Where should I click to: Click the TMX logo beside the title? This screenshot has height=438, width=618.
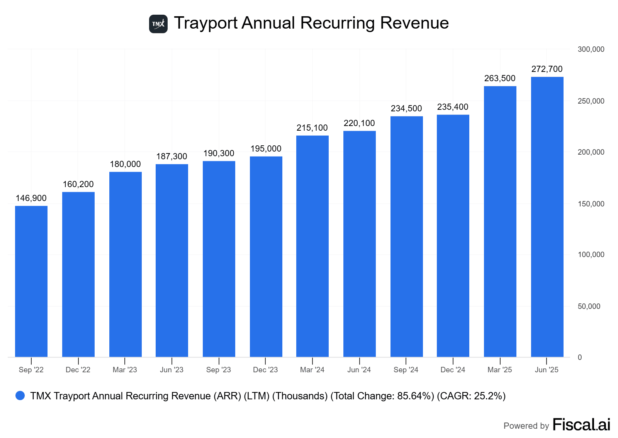(x=158, y=24)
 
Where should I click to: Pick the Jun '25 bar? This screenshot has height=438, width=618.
(x=547, y=216)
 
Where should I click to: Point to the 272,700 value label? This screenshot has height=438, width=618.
(x=547, y=69)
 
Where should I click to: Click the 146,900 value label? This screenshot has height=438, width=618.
(x=31, y=198)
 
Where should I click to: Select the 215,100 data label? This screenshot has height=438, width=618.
(x=312, y=128)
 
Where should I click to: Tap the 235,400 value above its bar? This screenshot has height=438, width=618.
(x=453, y=107)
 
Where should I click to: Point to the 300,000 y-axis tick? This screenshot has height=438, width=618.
(x=591, y=49)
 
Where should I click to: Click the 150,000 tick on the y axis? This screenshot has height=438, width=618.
(x=591, y=204)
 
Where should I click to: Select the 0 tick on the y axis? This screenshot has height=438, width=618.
(x=580, y=358)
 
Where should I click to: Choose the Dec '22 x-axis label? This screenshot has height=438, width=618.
(x=78, y=370)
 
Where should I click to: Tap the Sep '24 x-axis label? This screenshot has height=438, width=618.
(x=406, y=370)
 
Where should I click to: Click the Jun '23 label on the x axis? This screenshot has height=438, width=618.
(x=172, y=370)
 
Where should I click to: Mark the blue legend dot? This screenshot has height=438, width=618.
(x=20, y=395)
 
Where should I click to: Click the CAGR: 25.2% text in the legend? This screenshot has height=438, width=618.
(x=471, y=396)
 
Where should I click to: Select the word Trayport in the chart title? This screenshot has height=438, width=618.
(x=205, y=23)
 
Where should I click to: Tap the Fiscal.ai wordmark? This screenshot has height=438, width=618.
(x=581, y=424)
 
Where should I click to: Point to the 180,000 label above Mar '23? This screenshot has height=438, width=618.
(x=126, y=164)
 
